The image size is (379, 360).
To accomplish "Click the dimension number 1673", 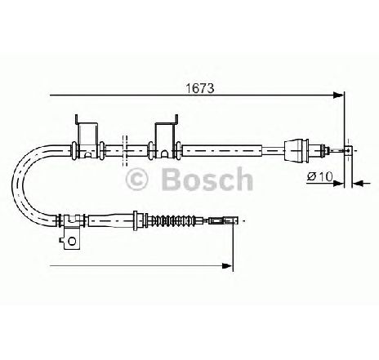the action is [x=200, y=88].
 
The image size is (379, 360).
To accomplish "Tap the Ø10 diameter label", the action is [x=320, y=176].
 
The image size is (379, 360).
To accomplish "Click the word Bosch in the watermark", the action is [x=207, y=180].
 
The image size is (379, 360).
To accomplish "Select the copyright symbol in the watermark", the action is [x=136, y=180].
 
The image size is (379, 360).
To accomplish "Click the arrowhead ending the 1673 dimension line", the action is [x=339, y=96].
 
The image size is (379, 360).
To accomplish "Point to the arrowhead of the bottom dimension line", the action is [x=227, y=265].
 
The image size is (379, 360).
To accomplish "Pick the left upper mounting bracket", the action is [x=87, y=136].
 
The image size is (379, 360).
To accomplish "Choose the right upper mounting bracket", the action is [x=167, y=136].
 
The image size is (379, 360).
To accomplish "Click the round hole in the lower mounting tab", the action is [x=72, y=241].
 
